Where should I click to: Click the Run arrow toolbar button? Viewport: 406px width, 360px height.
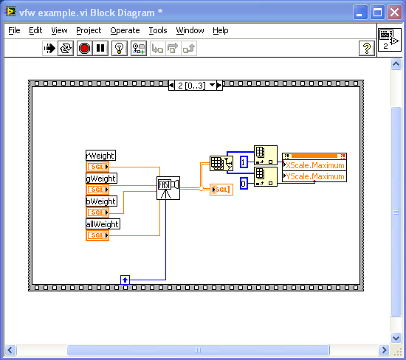49,48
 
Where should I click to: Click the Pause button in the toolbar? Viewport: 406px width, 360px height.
100,48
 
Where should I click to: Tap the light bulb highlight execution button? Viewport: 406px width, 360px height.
119,48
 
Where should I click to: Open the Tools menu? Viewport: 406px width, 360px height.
158,30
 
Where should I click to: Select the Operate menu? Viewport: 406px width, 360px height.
125,30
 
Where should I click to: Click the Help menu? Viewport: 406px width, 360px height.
221,30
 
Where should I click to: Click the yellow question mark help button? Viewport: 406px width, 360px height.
367,48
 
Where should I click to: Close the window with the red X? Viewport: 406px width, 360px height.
394,12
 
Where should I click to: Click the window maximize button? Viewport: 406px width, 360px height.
377,12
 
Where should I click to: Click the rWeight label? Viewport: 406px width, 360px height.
100,156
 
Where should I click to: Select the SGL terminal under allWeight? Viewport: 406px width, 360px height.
97,235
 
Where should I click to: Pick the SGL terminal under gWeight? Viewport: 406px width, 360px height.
97,190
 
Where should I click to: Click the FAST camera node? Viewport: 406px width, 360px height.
168,188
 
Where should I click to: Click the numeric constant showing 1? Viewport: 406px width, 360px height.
244,162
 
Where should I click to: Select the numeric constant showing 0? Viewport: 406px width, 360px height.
244,184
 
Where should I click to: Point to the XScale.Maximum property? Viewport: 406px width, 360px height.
314,165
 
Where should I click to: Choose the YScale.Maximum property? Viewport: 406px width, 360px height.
314,176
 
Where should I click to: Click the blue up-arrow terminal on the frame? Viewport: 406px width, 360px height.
125,280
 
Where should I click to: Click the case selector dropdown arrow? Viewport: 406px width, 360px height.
212,85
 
